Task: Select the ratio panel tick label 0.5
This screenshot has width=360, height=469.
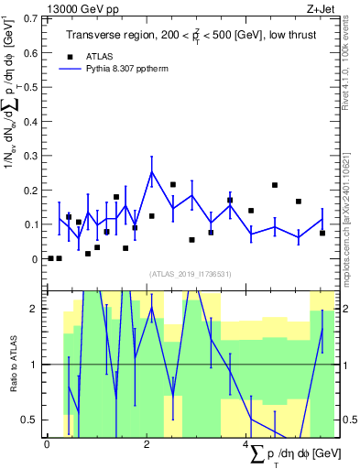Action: pyautogui.click(x=30, y=420)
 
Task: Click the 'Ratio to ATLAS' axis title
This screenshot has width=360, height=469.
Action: pyautogui.click(x=13, y=364)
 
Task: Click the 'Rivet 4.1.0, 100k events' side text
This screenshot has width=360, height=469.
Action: pyautogui.click(x=351, y=64)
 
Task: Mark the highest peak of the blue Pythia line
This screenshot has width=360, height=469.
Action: pyautogui.click(x=152, y=171)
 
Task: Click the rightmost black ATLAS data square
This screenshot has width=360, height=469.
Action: pyautogui.click(x=322, y=233)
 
